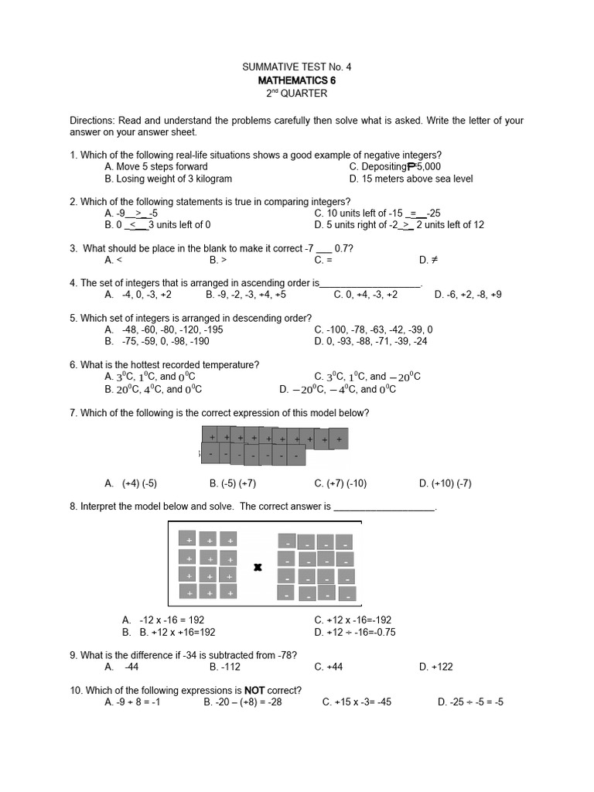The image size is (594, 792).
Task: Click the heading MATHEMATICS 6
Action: pos(297,80)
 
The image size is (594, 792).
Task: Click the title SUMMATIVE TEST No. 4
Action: pos(297,67)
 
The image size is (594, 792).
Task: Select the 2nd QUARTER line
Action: pos(297,94)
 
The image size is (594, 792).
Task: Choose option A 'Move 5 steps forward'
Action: pos(156,166)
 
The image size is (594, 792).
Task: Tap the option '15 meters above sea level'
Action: pos(411,179)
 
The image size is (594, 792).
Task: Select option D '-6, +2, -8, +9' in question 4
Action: pos(468,295)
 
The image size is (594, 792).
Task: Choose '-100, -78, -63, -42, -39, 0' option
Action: pos(374,329)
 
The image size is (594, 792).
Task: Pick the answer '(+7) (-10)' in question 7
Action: pos(340,483)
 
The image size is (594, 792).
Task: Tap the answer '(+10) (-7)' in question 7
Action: pos(445,483)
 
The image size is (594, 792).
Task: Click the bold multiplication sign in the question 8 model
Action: pos(258,568)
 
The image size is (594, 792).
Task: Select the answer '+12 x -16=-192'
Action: pos(353,620)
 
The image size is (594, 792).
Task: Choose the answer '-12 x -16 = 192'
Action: pos(163,620)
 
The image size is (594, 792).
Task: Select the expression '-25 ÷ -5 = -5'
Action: pos(470,702)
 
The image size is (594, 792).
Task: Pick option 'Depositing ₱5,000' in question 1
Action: pos(394,166)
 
